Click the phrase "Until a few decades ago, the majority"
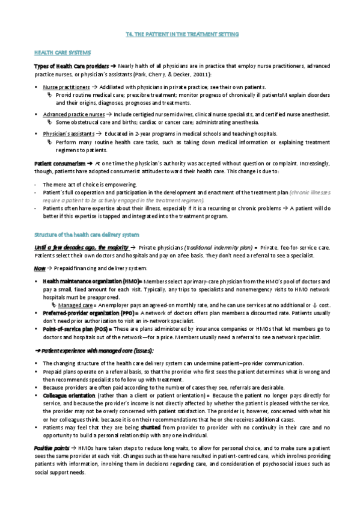[81, 230]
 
